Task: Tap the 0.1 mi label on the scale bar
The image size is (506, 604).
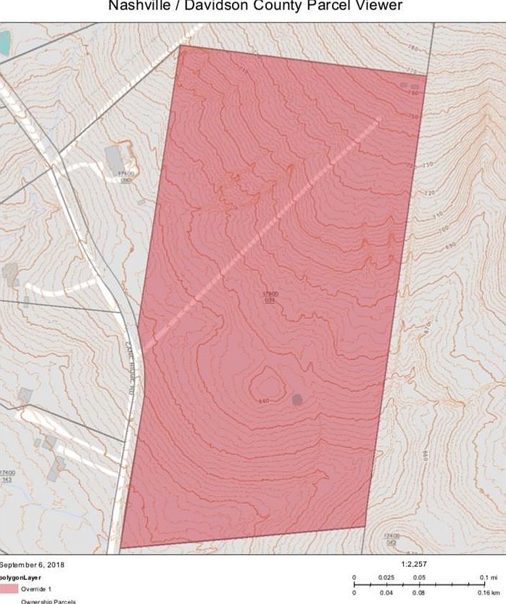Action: (x=487, y=577)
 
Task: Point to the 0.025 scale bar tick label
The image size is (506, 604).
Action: (x=386, y=577)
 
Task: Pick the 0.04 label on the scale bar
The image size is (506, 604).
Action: (x=386, y=592)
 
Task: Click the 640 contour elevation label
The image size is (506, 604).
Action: (x=264, y=401)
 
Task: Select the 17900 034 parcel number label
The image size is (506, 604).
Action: (x=270, y=296)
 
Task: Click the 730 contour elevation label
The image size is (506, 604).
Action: (x=428, y=166)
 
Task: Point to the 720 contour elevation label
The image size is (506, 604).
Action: (x=430, y=193)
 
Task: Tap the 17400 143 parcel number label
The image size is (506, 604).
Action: (x=8, y=476)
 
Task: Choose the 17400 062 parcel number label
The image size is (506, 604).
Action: (x=391, y=539)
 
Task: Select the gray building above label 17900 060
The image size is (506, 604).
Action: (x=115, y=158)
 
